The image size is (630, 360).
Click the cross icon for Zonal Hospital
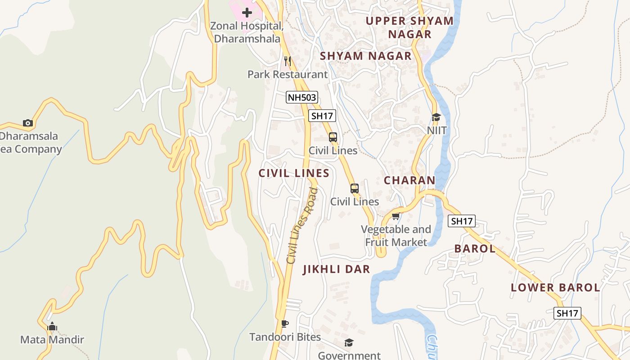pos(247,13)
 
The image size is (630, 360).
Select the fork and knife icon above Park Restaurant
pos(288,61)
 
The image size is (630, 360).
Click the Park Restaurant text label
pos(288,74)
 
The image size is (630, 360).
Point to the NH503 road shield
pos(301,97)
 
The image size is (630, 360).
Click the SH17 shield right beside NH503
pos(322,116)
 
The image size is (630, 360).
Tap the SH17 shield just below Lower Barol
pos(567,314)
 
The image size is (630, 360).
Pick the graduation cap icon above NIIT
pos(436,117)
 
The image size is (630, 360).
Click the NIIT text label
pos(437,130)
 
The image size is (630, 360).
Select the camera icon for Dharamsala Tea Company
pos(28,123)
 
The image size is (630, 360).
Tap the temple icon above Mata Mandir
pos(52,326)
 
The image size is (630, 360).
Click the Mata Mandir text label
pos(52,340)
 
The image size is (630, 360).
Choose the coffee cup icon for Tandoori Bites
pos(284,324)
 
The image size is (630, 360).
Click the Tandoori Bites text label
pos(285,337)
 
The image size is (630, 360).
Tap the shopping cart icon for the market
pos(396,216)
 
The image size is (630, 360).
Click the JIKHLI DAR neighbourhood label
pos(336,270)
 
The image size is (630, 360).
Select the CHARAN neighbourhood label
pos(409,180)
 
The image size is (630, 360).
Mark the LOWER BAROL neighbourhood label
pos(555,288)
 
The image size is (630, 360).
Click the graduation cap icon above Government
pos(349,343)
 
